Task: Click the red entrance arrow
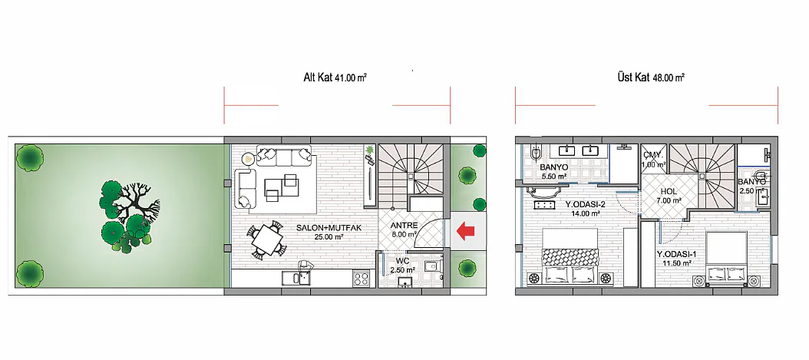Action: [x=465, y=230]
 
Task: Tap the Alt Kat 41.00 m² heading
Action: [x=335, y=78]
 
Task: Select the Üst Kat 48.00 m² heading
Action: [x=651, y=78]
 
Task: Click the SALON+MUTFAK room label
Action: [x=325, y=228]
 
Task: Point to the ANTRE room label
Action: [x=404, y=225]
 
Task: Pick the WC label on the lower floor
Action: [x=402, y=260]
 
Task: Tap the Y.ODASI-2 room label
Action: [x=584, y=203]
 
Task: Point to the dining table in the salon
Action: [x=266, y=239]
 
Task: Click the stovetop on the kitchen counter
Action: [x=361, y=279]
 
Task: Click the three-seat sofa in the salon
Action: [x=284, y=157]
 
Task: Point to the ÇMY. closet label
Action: [x=652, y=154]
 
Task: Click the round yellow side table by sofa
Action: [x=249, y=159]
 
